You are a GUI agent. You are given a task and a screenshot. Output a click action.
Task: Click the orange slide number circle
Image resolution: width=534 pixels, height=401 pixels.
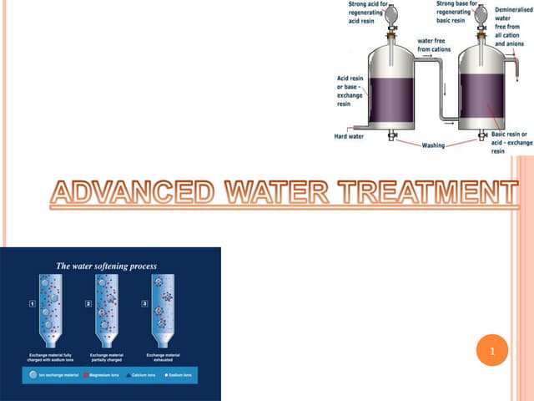click(x=492, y=350)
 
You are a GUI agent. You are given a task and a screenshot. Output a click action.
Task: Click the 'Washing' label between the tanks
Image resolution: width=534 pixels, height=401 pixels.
click(x=434, y=146)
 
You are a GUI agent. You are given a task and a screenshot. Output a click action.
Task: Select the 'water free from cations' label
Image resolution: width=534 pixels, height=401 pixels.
click(x=434, y=44)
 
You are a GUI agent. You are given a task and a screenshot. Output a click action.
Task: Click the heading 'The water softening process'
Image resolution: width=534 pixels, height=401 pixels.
click(x=106, y=266)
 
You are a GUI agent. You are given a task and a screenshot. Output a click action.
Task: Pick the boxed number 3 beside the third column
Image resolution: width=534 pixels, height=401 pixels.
click(x=149, y=304)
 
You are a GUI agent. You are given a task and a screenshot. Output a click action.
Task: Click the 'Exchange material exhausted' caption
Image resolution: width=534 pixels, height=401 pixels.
click(x=169, y=357)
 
